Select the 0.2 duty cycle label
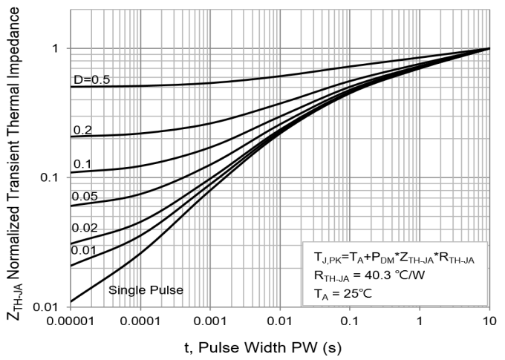[82, 130]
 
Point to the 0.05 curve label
[85, 197]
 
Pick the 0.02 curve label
[85, 228]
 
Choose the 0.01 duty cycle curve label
[85, 250]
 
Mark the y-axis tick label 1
[53, 48]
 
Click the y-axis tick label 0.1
[48, 177]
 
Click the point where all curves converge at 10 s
[489, 48]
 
